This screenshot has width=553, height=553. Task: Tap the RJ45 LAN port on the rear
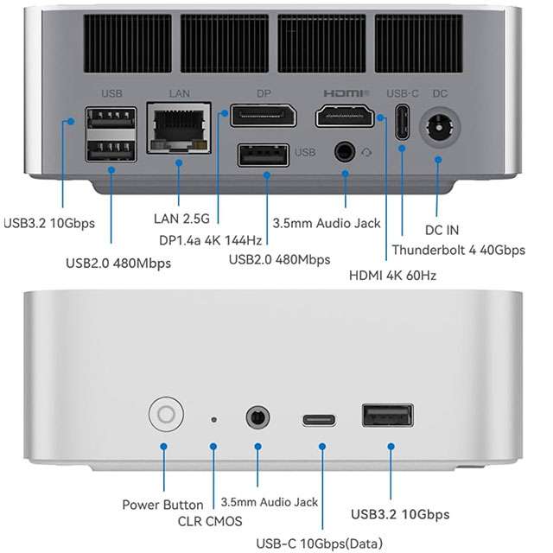pos(180,129)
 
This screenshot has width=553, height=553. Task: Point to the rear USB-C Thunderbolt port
pos(402,122)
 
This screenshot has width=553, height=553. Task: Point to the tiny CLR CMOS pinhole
pos(213,420)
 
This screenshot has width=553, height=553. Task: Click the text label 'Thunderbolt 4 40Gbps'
pos(458,251)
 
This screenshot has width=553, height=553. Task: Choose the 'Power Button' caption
pos(162,505)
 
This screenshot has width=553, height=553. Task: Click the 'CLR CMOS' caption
pos(210,520)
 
